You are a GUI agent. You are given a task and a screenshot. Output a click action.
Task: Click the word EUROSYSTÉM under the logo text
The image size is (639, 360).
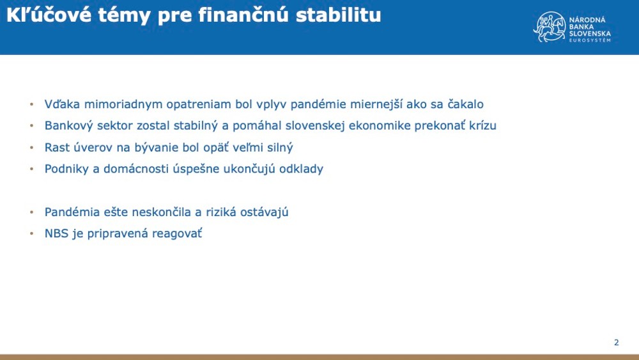[x=590, y=40]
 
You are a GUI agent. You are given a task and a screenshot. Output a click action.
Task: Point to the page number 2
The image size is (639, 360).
[x=616, y=343]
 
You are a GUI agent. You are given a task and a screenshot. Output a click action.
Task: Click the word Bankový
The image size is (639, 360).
[x=67, y=126]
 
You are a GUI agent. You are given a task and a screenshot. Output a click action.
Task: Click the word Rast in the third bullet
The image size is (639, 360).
[x=57, y=148]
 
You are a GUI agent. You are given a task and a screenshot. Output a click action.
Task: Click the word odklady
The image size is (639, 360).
[x=301, y=169]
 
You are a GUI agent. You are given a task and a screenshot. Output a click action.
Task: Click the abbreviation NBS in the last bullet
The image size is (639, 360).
[x=56, y=234]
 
